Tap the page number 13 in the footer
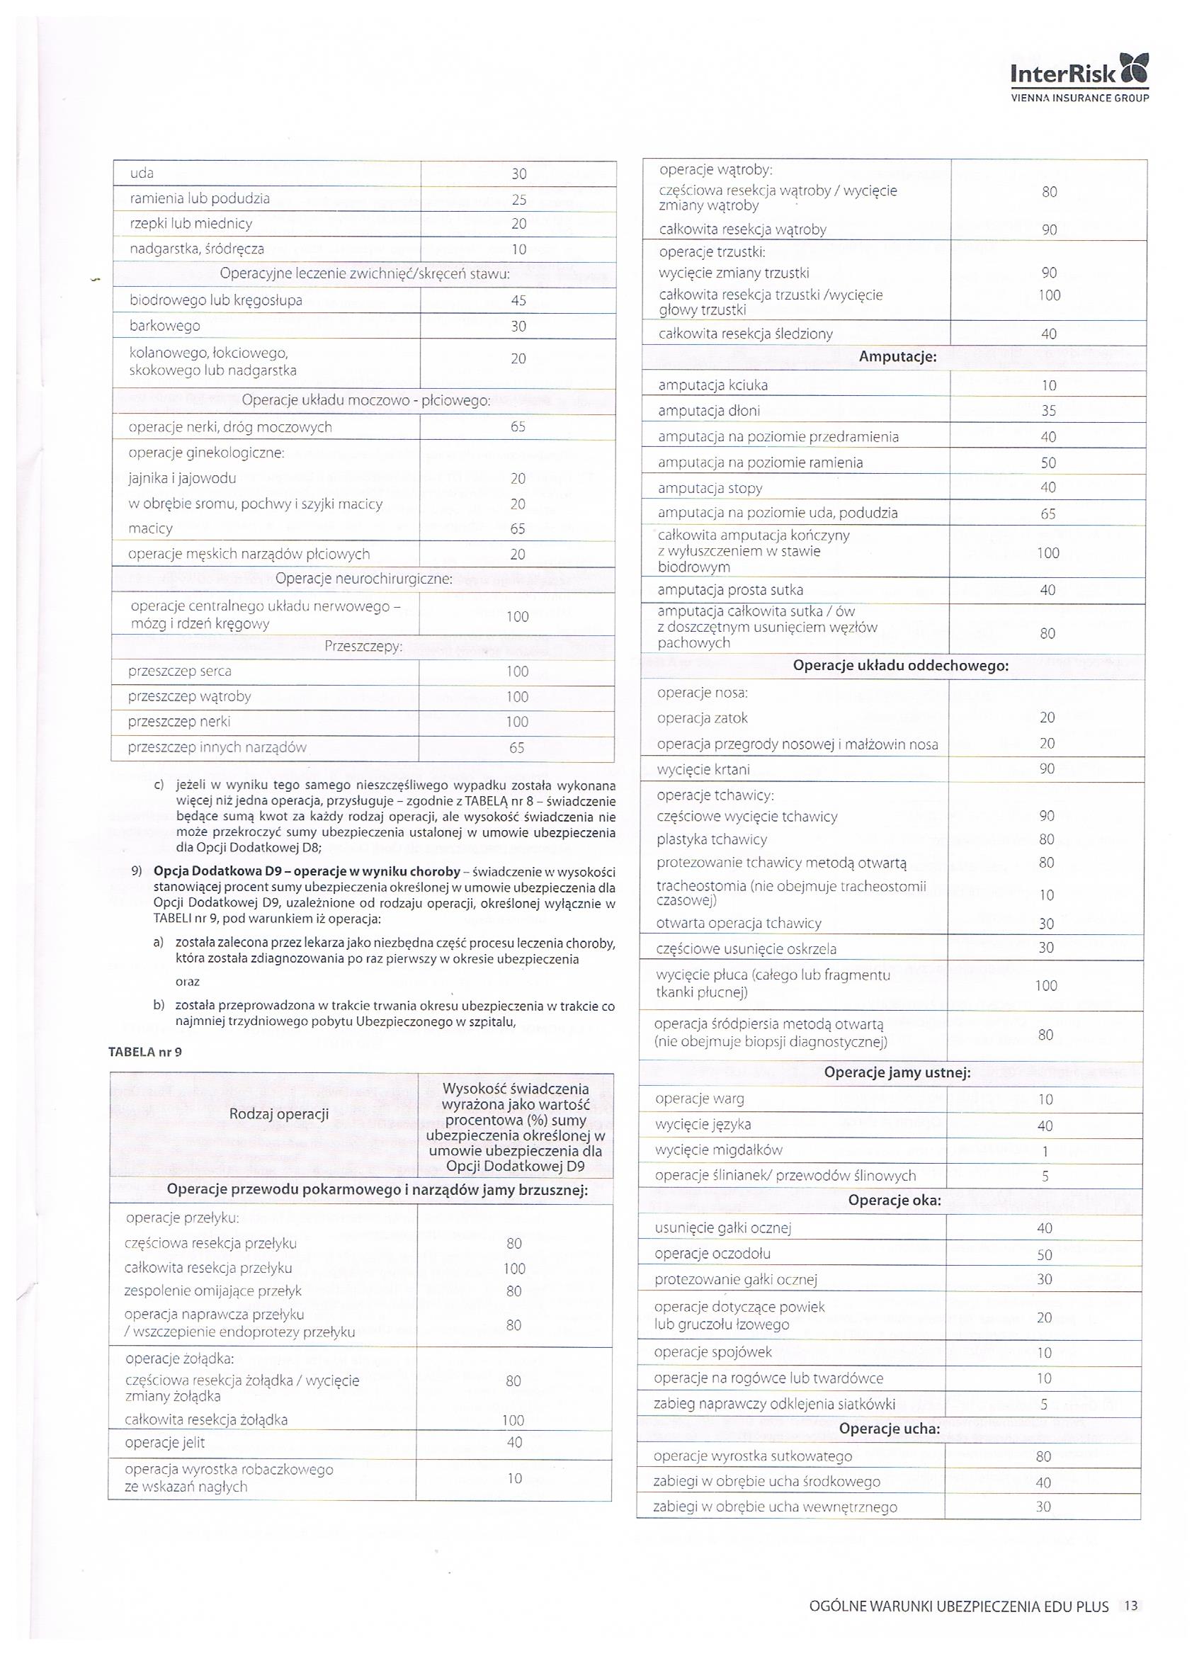pos(1131,1606)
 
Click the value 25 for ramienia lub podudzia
pos(518,199)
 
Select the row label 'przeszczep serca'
pos(180,671)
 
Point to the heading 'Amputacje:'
pos(897,357)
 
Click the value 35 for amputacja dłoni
pos(1048,410)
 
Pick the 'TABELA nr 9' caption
pos(145,1052)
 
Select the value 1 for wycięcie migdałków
pos(1045,1152)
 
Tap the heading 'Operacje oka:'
pos(895,1201)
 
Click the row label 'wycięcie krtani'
pos(703,770)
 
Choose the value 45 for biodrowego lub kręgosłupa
pos(518,300)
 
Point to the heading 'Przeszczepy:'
pos(363,646)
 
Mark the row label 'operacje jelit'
pos(165,1442)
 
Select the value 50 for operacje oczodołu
pos(1045,1254)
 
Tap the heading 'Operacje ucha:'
pos(890,1428)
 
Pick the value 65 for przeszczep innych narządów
pos(517,748)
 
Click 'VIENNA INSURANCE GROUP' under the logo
pos(1079,98)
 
